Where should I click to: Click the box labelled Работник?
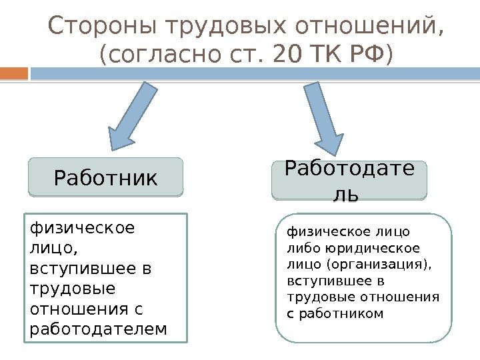tap(105, 177)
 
